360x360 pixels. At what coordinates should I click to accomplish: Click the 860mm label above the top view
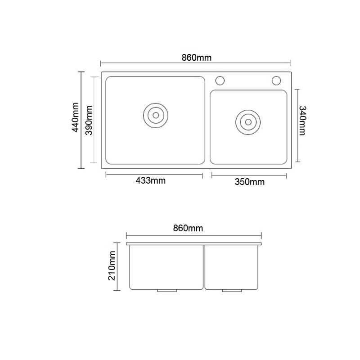196,58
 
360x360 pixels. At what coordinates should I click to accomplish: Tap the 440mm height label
76,117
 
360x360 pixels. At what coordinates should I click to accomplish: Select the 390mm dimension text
89,120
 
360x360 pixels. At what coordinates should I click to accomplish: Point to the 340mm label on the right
302,121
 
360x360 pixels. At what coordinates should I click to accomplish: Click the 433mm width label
150,181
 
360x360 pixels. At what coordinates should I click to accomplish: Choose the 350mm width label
250,182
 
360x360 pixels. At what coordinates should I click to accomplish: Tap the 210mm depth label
112,265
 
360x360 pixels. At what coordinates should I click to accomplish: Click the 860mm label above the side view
188,228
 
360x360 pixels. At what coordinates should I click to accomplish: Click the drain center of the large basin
156,115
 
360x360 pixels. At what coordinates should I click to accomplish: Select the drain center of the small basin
248,122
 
